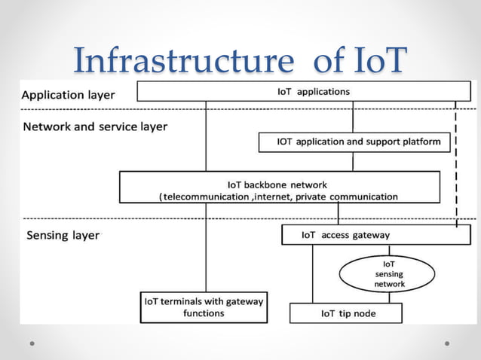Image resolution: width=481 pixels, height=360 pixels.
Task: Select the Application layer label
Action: coord(68,96)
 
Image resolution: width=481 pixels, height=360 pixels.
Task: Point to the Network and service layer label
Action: coord(95,127)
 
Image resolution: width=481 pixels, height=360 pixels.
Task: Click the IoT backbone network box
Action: coord(279,188)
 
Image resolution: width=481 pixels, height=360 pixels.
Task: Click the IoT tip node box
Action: coord(346,313)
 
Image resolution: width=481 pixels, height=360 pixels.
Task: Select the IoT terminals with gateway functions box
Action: coord(204,307)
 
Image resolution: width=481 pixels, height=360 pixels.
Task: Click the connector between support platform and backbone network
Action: coord(353,161)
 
